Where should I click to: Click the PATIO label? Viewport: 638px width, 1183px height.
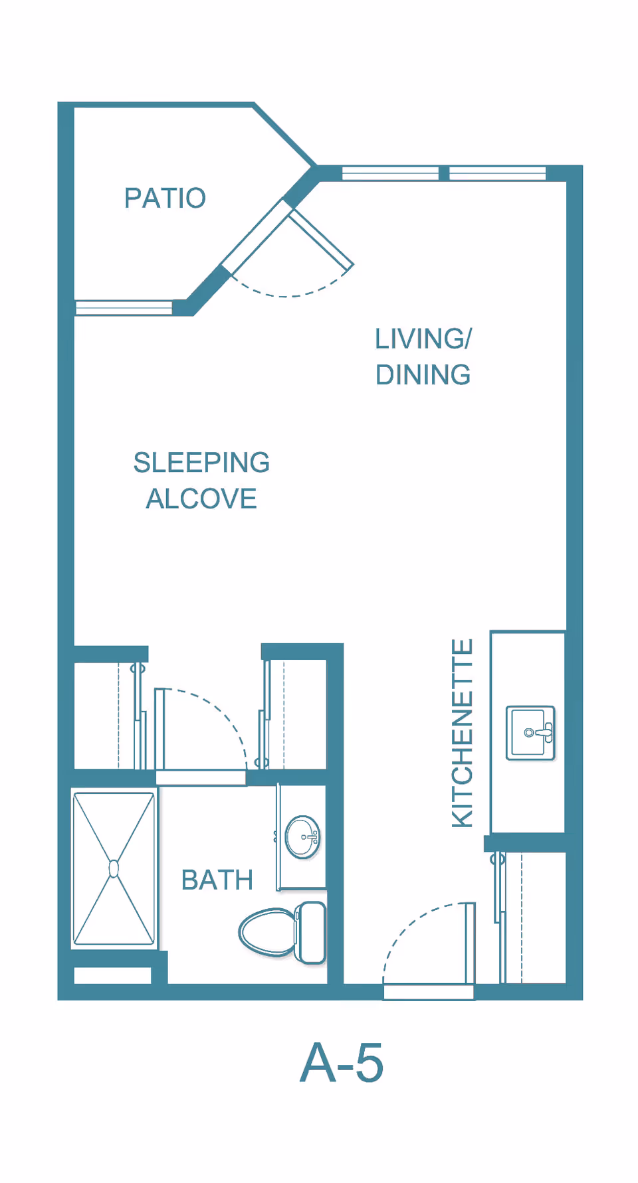pos(165,198)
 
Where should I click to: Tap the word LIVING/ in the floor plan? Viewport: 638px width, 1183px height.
pos(423,339)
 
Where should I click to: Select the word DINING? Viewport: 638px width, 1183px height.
pos(423,374)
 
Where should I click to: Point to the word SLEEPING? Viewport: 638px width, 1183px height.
pos(201,462)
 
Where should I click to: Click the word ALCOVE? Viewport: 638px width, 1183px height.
pos(201,499)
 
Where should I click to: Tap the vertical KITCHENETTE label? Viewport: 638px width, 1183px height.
pos(462,733)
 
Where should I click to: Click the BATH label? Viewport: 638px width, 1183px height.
pos(217,880)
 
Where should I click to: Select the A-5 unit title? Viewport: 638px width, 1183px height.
pos(342,1062)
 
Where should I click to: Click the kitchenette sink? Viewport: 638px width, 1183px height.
pos(530,733)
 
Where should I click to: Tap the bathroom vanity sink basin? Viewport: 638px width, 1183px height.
pos(302,837)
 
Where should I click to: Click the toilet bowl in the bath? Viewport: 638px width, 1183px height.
pos(266,932)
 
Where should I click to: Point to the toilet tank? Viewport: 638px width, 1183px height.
pos(310,932)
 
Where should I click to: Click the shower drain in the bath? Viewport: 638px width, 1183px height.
pos(114,868)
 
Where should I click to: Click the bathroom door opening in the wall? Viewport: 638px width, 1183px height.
pos(201,778)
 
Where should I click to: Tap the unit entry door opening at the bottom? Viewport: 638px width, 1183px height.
pos(429,992)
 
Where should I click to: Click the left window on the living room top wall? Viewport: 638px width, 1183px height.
pos(390,174)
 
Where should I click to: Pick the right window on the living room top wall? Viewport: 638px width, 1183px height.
pos(498,174)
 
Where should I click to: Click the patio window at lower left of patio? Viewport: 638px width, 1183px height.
pos(124,307)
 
